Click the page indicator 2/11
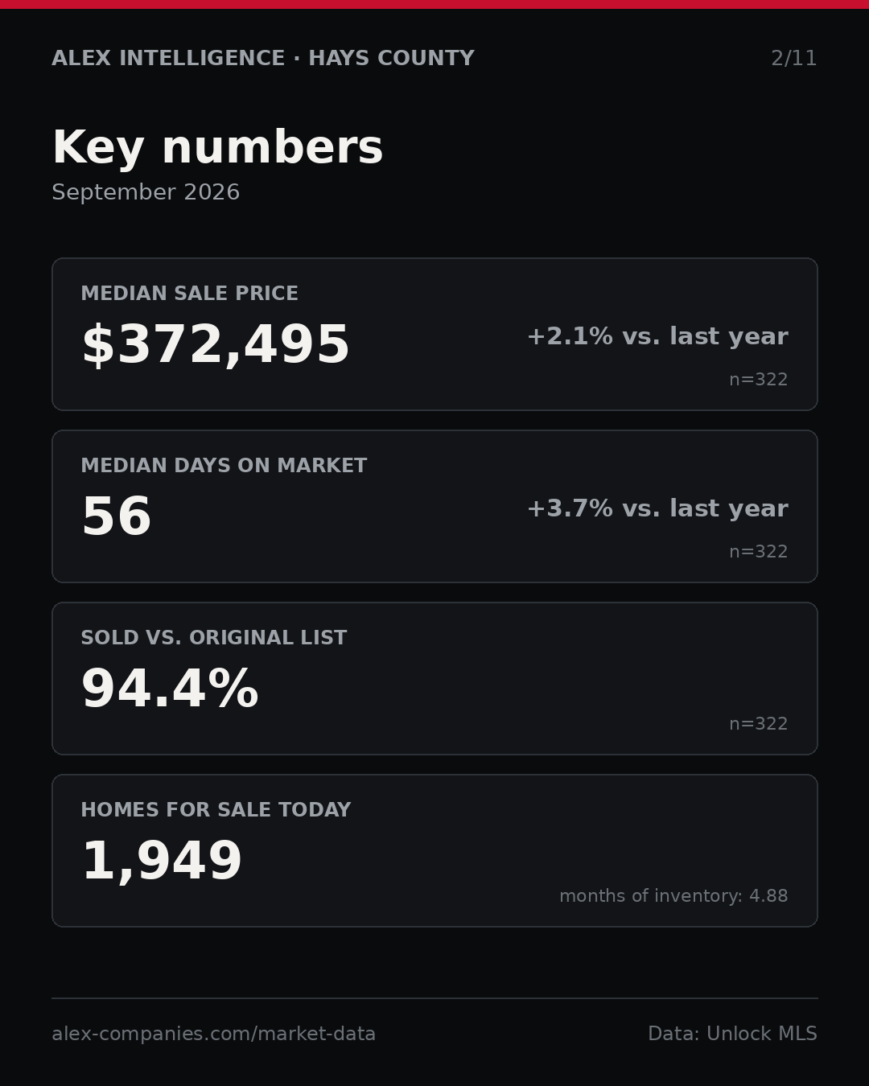793,58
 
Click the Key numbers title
217,147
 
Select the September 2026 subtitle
146,192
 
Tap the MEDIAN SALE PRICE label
189,293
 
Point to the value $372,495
216,345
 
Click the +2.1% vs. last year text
657,336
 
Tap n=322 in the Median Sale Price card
759,380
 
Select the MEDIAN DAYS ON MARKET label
224,465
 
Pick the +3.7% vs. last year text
657,508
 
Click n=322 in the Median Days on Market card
759,552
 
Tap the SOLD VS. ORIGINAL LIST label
213,637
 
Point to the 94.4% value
170,689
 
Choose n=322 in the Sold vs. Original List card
759,724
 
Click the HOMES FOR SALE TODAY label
216,809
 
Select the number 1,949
162,862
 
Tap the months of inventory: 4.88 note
673,895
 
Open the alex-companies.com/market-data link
213,1034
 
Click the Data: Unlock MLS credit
732,1034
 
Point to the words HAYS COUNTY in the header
391,58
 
